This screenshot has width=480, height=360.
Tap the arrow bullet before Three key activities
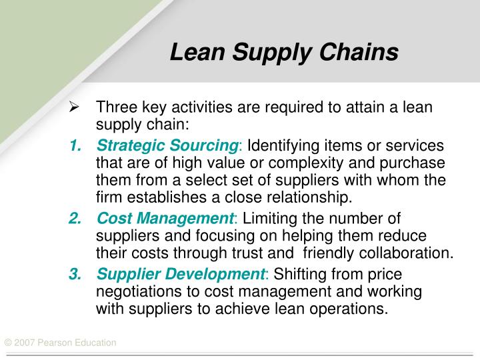point(75,108)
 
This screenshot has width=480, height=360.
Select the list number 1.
point(75,145)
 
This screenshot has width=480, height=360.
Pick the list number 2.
point(75,218)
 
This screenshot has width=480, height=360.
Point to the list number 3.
point(75,273)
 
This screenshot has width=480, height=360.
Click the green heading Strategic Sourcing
point(167,145)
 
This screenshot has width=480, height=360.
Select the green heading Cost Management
point(163,218)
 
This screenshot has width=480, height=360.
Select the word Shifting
point(299,273)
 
